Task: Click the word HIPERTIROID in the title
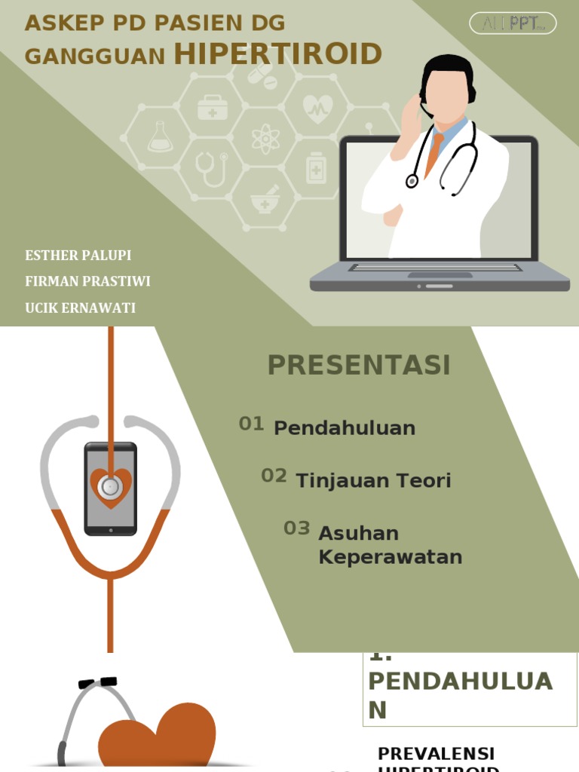pyautogui.click(x=278, y=54)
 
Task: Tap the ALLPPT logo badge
pyautogui.click(x=513, y=23)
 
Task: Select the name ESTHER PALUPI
pyautogui.click(x=78, y=255)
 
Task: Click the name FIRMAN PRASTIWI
pyautogui.click(x=87, y=281)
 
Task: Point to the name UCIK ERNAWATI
pyautogui.click(x=81, y=308)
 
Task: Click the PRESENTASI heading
pyautogui.click(x=359, y=365)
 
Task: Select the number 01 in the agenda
pyautogui.click(x=251, y=424)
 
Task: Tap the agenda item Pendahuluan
pyautogui.click(x=345, y=428)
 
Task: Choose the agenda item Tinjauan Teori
pyautogui.click(x=373, y=481)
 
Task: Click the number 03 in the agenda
pyautogui.click(x=296, y=528)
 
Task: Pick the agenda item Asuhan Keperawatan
pyautogui.click(x=390, y=545)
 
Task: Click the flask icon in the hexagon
pyautogui.click(x=160, y=137)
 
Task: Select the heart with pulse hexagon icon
pyautogui.click(x=317, y=109)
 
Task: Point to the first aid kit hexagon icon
pyautogui.click(x=213, y=108)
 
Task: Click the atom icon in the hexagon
pyautogui.click(x=265, y=138)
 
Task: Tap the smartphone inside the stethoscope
pyautogui.click(x=110, y=489)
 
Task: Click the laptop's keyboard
pyautogui.click(x=436, y=267)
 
